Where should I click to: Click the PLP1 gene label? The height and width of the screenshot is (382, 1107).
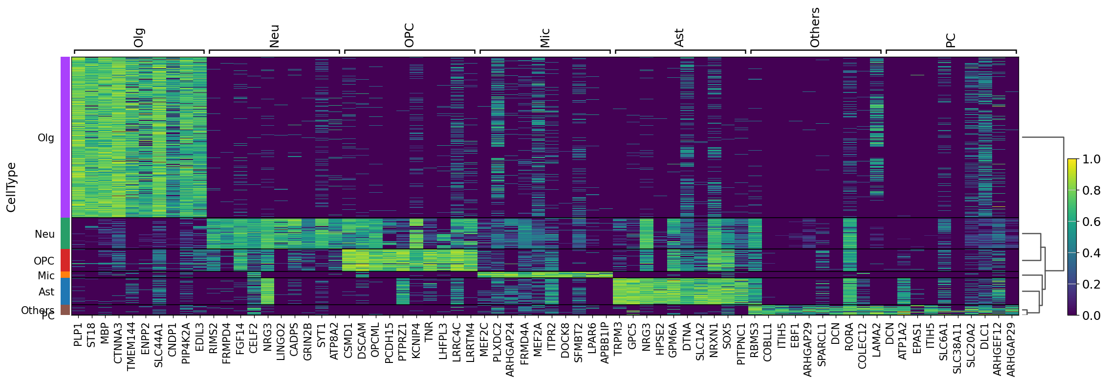pyautogui.click(x=78, y=335)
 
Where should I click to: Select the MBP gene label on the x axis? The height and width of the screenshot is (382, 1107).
pyautogui.click(x=105, y=335)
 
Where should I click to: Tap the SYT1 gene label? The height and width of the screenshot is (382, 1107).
pyautogui.click(x=321, y=335)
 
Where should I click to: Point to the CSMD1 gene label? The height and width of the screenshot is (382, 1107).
pyautogui.click(x=348, y=338)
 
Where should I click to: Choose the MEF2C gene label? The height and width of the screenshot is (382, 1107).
pyautogui.click(x=484, y=338)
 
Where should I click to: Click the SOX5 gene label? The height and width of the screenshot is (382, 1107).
pyautogui.click(x=727, y=335)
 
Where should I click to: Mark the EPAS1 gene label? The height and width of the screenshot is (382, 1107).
pyautogui.click(x=917, y=338)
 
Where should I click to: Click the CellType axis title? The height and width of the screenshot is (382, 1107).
pyautogui.click(x=11, y=187)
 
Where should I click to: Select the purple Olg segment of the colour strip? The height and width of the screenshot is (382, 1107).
pyautogui.click(x=65, y=137)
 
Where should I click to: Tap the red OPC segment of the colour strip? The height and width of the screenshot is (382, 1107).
pyautogui.click(x=65, y=260)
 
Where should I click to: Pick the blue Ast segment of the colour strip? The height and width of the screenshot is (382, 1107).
pyautogui.click(x=65, y=291)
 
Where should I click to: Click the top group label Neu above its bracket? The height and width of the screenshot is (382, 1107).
pyautogui.click(x=274, y=36)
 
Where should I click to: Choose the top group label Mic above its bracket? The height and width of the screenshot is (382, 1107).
pyautogui.click(x=545, y=38)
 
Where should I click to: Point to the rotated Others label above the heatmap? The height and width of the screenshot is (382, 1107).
pyautogui.click(x=815, y=28)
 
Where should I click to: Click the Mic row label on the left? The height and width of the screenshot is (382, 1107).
pyautogui.click(x=46, y=276)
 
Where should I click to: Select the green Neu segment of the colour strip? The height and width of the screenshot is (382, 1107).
pyautogui.click(x=65, y=233)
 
